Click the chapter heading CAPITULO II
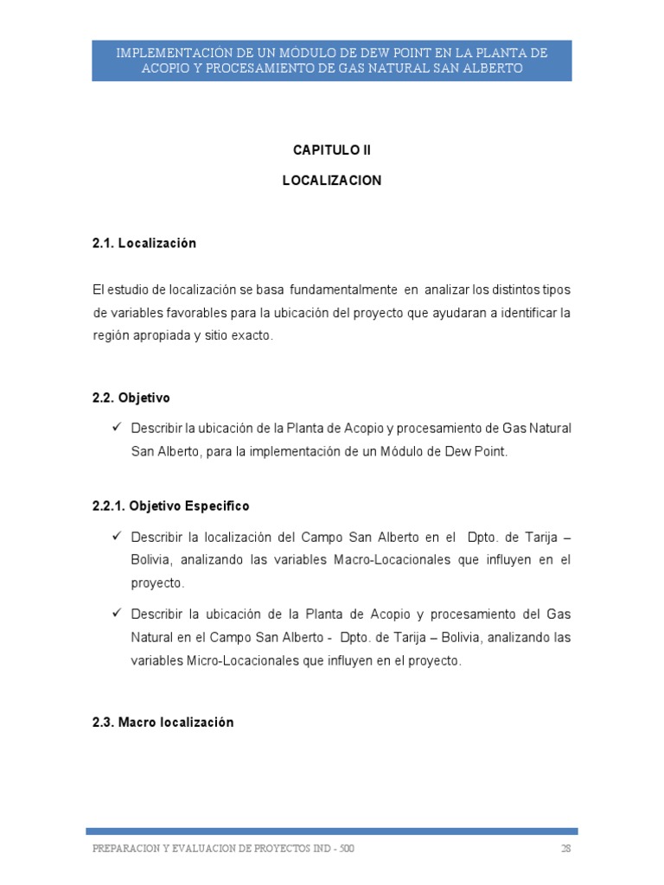(331, 150)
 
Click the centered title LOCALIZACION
(331, 181)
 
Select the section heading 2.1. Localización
(144, 243)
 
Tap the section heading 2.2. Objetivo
(131, 398)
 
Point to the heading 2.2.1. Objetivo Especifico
(170, 506)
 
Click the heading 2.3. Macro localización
(163, 722)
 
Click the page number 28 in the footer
(565, 848)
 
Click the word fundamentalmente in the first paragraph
(343, 288)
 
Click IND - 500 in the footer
(335, 848)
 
